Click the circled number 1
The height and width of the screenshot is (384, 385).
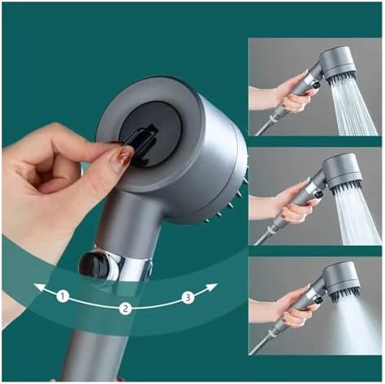tap(63, 296)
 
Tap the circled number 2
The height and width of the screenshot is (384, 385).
tap(125, 308)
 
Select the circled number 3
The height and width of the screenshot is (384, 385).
tap(188, 298)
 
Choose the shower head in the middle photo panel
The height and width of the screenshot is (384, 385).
tap(340, 171)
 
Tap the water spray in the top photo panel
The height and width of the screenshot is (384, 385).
tap(353, 110)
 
